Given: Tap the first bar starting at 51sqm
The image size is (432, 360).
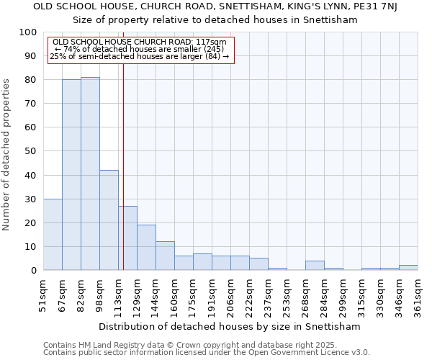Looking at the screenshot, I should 53,234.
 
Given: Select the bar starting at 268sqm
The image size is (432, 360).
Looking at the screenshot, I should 315,265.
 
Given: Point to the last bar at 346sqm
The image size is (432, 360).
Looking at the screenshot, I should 408,267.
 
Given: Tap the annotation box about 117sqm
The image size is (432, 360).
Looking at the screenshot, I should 141,49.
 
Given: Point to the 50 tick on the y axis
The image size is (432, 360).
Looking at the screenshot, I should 31,151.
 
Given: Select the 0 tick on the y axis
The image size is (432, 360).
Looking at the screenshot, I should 34,270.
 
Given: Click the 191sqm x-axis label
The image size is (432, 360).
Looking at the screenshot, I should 212,293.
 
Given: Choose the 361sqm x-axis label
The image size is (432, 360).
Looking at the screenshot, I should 418,293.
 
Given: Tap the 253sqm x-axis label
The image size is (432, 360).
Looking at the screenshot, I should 287,293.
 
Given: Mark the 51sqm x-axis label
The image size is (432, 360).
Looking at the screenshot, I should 43,293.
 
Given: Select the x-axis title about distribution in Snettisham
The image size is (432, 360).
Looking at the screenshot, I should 230,326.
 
